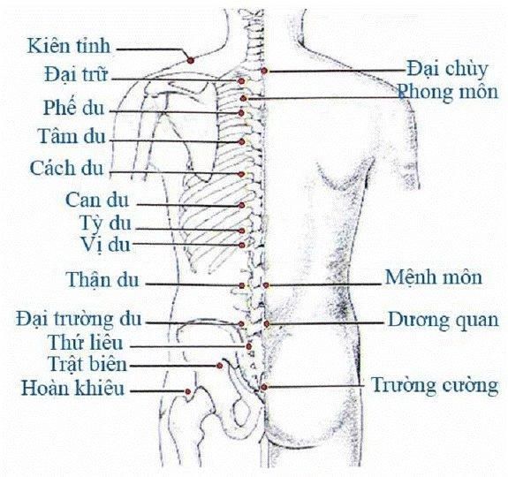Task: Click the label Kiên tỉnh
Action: (x=69, y=46)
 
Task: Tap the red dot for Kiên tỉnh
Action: (x=191, y=60)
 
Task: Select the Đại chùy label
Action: (x=447, y=70)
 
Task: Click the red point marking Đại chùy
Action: (x=264, y=71)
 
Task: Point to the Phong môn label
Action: (x=448, y=92)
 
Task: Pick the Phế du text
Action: (x=74, y=108)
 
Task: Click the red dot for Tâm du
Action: (x=241, y=141)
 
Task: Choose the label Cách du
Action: (x=66, y=168)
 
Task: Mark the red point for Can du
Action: (x=241, y=205)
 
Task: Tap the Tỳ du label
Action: (x=105, y=223)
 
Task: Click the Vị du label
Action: (x=105, y=246)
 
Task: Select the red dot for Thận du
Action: (x=242, y=285)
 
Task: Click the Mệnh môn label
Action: (x=434, y=277)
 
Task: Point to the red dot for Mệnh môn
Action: (x=266, y=285)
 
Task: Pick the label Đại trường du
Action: (x=79, y=319)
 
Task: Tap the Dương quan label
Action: (x=444, y=321)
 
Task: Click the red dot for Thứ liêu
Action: (x=249, y=346)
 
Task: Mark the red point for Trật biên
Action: (x=220, y=366)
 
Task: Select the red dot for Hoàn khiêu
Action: (x=187, y=391)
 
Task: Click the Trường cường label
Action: (x=435, y=385)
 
